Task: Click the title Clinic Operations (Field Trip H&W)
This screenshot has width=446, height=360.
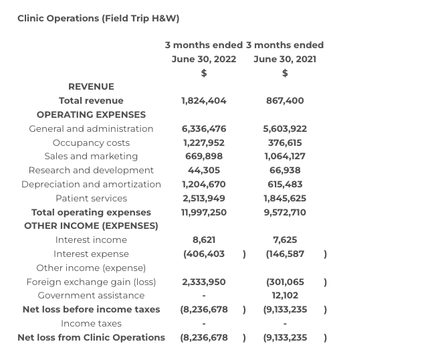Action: tap(98, 18)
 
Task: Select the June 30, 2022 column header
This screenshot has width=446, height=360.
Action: tap(204, 59)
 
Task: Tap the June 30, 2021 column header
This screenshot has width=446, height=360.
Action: tap(285, 59)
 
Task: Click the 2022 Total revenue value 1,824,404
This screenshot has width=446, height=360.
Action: tap(204, 100)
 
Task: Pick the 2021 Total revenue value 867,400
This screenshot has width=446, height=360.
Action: tap(285, 100)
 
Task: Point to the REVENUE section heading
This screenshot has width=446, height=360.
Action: tap(91, 86)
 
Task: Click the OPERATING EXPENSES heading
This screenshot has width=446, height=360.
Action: tap(91, 114)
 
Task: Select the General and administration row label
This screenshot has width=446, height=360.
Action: tap(91, 128)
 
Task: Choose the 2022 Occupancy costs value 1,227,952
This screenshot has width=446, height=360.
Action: tap(204, 143)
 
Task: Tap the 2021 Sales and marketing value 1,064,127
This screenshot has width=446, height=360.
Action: tap(285, 156)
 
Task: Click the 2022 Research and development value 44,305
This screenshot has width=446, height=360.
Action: tap(204, 170)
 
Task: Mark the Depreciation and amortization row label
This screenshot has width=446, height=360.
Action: tap(91, 184)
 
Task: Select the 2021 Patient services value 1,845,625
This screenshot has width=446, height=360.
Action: tap(285, 198)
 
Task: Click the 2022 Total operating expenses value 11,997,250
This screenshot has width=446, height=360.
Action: tap(204, 212)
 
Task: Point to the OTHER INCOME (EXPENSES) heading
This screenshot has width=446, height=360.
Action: tap(91, 226)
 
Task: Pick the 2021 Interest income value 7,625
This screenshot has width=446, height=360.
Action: tap(285, 240)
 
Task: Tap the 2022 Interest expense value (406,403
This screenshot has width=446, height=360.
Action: tap(204, 254)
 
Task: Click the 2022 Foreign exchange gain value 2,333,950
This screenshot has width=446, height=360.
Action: tap(204, 282)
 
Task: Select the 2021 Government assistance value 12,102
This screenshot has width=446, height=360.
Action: tap(285, 295)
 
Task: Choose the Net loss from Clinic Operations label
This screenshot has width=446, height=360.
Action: tap(91, 337)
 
